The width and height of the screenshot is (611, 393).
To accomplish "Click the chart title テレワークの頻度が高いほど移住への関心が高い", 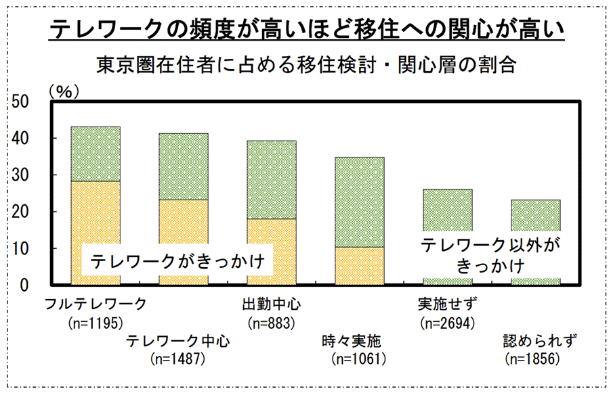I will (307, 30).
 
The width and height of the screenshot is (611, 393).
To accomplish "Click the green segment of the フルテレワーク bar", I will (96, 154).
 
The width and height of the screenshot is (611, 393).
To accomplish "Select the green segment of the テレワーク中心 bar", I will (183, 166).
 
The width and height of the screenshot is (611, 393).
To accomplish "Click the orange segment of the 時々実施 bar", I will (360, 266).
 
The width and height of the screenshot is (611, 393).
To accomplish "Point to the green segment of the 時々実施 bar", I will (360, 202).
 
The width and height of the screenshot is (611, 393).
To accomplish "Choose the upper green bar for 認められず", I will (535, 214).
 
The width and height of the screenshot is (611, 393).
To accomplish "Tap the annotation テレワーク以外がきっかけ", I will (483, 254).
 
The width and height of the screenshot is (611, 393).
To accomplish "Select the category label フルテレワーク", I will (94, 304).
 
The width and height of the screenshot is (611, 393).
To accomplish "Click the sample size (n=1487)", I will (179, 359).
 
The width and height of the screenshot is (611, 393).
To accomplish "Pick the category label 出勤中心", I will (272, 304).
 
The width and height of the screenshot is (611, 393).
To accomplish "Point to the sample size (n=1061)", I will (358, 359).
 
